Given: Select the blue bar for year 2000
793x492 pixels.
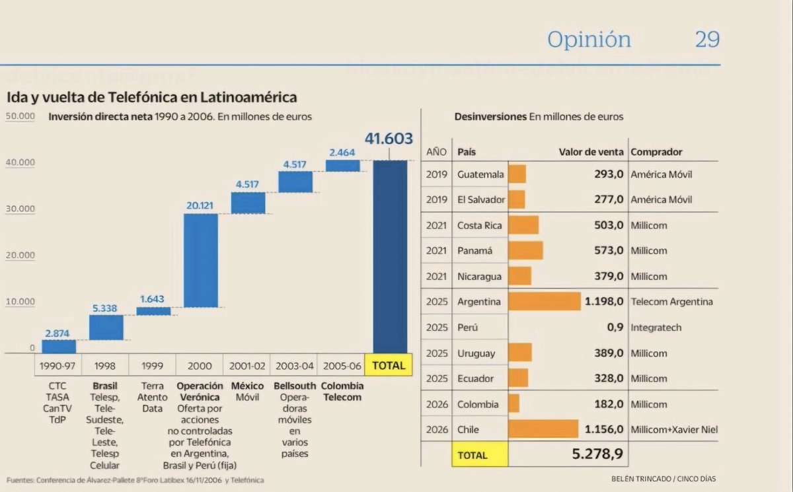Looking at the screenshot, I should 201,260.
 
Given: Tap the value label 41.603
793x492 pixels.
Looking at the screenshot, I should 389,139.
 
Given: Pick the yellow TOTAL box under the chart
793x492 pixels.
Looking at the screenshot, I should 389,365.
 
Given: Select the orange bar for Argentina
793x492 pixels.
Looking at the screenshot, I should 545,302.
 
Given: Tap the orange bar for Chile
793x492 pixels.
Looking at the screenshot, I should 543,429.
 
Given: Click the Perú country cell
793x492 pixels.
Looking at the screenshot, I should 467,328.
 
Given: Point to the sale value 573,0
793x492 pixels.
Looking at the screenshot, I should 609,251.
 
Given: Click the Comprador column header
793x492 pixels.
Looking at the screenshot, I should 656,152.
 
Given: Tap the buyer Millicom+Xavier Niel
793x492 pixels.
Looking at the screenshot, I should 674,429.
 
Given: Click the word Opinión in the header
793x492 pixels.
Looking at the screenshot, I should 589,40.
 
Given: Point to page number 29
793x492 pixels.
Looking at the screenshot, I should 706,40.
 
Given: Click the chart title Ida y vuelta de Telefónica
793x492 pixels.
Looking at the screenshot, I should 151,97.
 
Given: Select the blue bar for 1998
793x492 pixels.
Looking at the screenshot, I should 106,328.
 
